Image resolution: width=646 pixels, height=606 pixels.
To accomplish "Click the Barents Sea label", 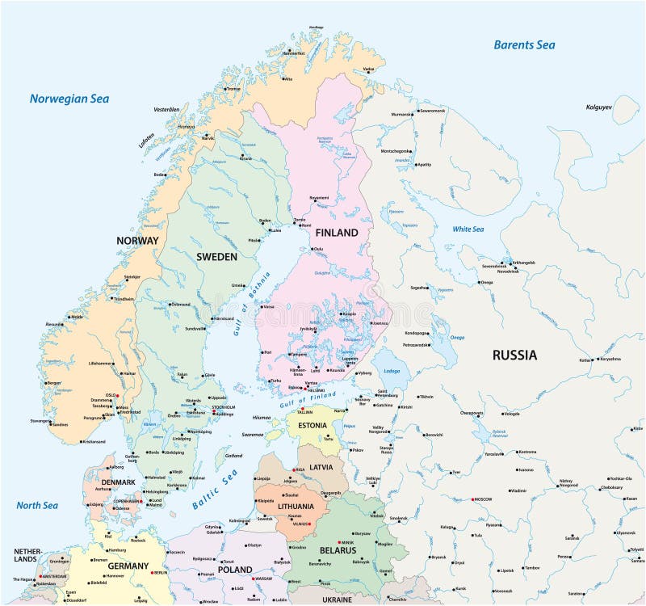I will [524, 45].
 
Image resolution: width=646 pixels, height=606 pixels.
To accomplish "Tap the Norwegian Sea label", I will [69, 99].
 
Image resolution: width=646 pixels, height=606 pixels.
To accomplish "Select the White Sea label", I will [468, 229].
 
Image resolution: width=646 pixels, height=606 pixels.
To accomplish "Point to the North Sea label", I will [37, 506].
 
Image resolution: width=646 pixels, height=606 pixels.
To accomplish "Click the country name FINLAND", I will [336, 233].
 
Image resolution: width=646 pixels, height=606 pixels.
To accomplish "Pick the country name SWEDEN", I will [217, 257].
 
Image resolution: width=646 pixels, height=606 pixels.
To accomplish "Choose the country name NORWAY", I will [137, 241].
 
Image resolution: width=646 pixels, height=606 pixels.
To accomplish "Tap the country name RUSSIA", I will [514, 355].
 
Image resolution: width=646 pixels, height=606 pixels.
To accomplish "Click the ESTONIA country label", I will [312, 425].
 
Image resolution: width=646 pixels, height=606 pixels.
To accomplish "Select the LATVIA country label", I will [321, 467].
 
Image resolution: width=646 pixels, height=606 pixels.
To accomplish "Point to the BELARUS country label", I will [337, 550].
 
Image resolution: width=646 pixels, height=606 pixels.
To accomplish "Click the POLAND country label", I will [235, 570].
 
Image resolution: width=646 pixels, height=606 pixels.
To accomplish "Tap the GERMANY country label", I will [128, 566].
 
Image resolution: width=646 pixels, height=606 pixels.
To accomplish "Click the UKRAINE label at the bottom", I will [337, 600].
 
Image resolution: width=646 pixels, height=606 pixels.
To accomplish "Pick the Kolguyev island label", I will [600, 107].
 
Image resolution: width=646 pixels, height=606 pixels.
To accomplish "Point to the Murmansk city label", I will [402, 115].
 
